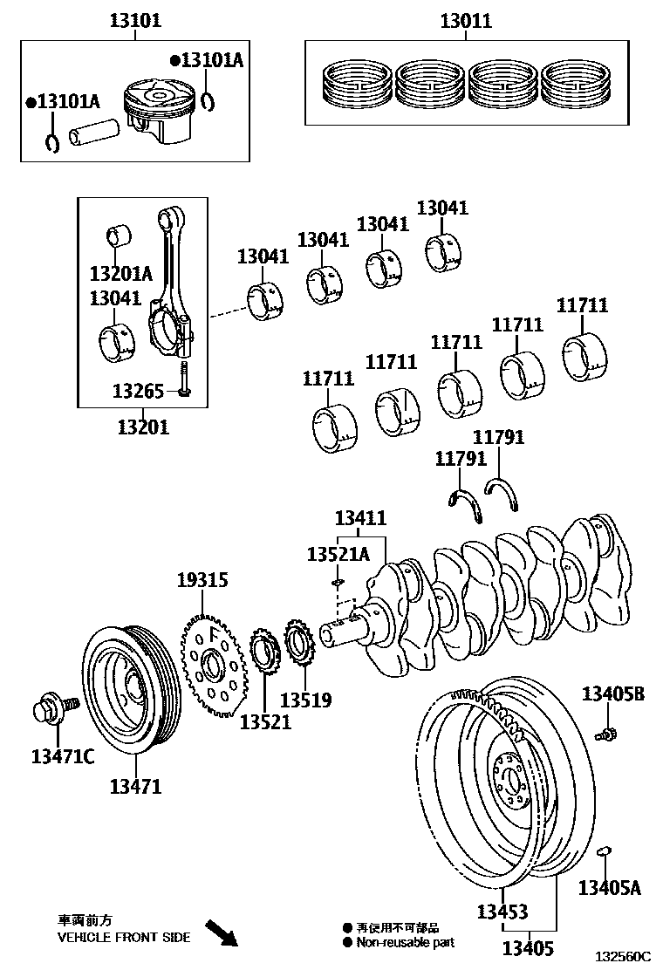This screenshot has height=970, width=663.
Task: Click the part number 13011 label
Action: point(465,21)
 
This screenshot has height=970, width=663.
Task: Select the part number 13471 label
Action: point(135,786)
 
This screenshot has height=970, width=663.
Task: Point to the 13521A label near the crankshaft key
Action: point(338,554)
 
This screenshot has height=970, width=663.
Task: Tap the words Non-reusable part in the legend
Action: point(405,942)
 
